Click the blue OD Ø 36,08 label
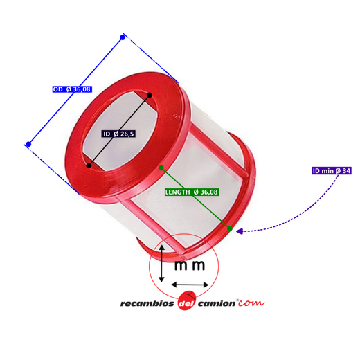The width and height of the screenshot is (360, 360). [x=72, y=89]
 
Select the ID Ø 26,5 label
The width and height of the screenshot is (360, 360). [x=118, y=134]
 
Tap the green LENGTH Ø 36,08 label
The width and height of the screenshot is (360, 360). [x=192, y=192]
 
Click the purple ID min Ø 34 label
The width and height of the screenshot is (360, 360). [x=332, y=171]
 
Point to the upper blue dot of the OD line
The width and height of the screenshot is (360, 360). [x=123, y=37]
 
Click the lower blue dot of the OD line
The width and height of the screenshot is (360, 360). [x=28, y=144]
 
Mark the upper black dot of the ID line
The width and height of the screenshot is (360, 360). [x=150, y=95]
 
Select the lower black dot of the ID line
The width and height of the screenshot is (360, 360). [x=89, y=165]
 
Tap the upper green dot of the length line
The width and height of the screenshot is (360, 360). [x=161, y=168]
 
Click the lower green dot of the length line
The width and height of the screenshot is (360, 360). [x=230, y=228]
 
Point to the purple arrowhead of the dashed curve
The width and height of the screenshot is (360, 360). [x=240, y=231]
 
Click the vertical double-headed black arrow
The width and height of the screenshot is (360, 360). [x=162, y=264]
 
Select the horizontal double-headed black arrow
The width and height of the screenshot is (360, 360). [x=190, y=285]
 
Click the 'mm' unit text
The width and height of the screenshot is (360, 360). [x=190, y=265]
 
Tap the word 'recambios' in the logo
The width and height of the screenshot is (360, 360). [x=147, y=303]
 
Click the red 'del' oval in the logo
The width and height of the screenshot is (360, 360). [x=187, y=300]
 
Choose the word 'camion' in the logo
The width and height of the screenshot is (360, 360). [x=217, y=303]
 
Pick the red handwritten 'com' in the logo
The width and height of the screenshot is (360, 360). [x=251, y=303]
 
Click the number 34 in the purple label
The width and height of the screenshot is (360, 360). [x=346, y=171]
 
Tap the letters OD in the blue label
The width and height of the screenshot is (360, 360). [x=57, y=89]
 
